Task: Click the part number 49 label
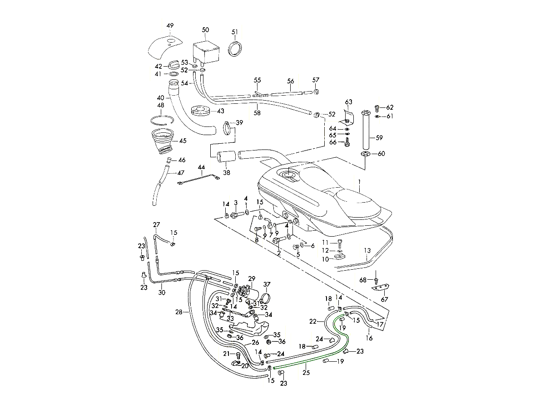tap(170, 26)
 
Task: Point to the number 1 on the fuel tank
tap(359, 184)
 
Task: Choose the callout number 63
tap(349, 102)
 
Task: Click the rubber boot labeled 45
tap(163, 141)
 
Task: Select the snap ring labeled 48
tap(163, 120)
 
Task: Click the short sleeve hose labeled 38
tap(226, 157)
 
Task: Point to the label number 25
tap(306, 372)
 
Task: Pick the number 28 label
tap(178, 312)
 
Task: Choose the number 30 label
tap(162, 292)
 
